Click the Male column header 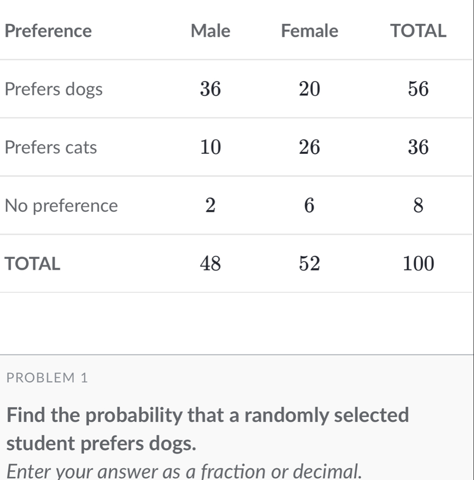click(210, 31)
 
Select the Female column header click(310, 31)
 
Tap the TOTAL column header click(417, 31)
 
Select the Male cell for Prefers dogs click(210, 90)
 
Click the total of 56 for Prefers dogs click(418, 90)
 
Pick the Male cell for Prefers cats click(210, 148)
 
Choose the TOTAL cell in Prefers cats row click(418, 148)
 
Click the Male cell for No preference click(210, 206)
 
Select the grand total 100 click(418, 264)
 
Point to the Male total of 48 click(210, 264)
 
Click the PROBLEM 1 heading click(48, 379)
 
